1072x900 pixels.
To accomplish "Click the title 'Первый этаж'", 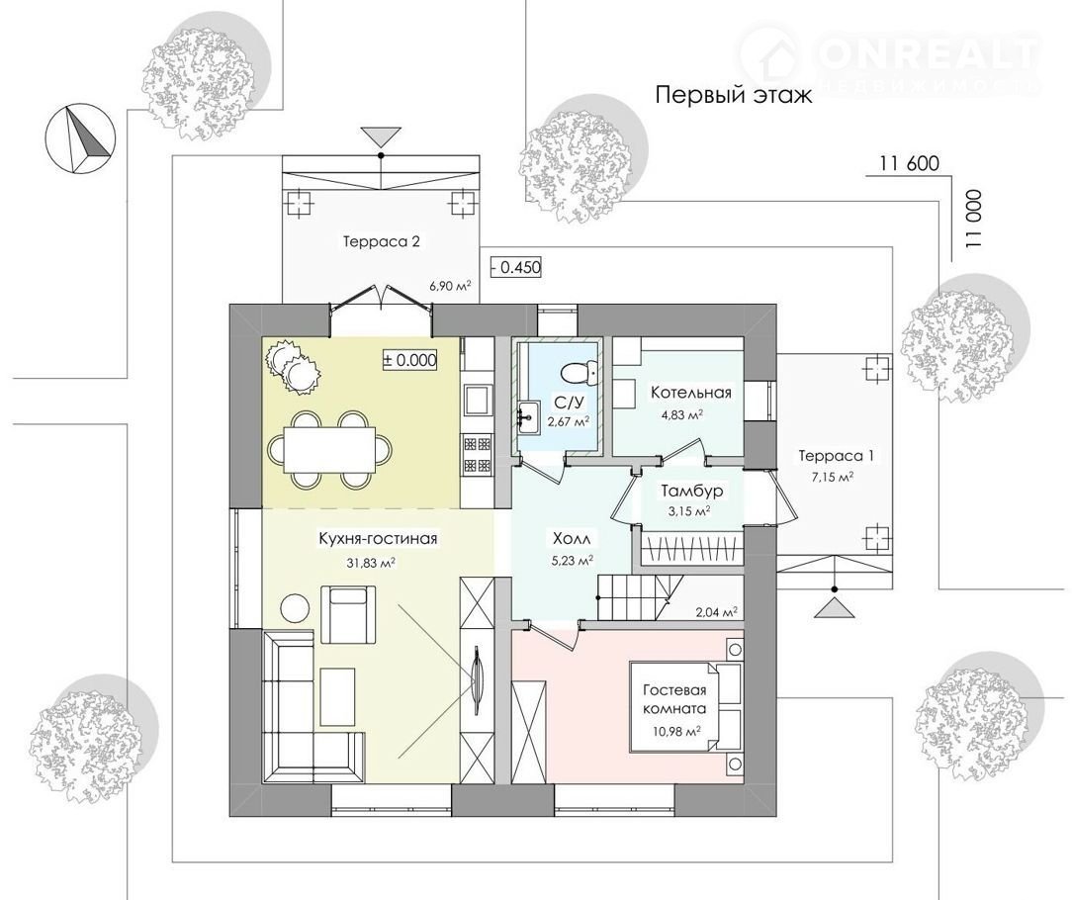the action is tap(734, 94).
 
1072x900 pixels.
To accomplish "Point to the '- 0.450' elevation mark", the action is tap(517, 267).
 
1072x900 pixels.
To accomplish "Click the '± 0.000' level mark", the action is tap(408, 360).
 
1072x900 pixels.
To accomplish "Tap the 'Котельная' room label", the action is tap(691, 393).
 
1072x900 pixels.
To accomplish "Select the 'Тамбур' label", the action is tap(692, 491).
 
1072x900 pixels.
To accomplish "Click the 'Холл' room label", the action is tap(572, 539).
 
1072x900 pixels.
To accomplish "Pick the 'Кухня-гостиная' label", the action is tap(378, 539).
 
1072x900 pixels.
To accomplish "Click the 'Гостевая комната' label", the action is tap(674, 699).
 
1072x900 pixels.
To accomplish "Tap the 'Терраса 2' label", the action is tap(381, 241).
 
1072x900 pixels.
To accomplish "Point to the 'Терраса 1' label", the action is tap(836, 456).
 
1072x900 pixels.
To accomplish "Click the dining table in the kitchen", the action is tap(329, 449).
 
